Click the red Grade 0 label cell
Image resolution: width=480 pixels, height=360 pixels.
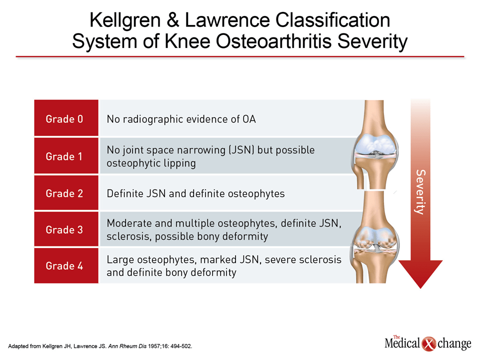(66, 118)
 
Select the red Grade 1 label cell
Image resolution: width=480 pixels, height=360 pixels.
(66, 156)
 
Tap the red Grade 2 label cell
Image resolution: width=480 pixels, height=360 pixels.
(66, 193)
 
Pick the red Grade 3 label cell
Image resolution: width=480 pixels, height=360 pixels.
(66, 229)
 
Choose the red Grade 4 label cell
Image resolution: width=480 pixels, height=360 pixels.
(66, 265)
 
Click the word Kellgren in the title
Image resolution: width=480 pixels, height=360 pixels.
(125, 21)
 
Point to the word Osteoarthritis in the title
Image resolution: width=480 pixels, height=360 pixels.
(273, 41)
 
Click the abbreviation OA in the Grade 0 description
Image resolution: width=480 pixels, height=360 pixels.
(249, 119)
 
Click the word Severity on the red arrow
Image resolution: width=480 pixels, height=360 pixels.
(420, 192)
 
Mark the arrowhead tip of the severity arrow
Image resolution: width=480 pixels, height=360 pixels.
(420, 288)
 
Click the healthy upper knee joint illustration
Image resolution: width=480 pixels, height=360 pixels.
(374, 144)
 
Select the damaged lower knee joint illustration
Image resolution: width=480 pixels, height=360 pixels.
(374, 237)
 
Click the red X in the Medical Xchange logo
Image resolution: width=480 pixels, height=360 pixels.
(428, 344)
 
